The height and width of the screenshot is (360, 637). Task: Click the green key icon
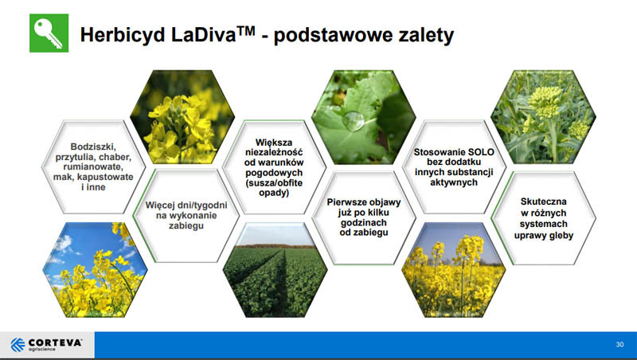click(49, 33)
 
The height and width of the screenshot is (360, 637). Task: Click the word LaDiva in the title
click(204, 34)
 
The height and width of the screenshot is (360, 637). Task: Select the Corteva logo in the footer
click(46, 345)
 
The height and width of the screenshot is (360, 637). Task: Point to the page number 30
click(619, 344)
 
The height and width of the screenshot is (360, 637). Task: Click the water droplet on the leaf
click(353, 121)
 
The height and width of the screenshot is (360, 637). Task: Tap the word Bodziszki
click(93, 147)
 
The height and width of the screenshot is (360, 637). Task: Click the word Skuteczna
click(544, 202)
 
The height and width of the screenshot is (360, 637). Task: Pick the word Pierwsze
click(344, 202)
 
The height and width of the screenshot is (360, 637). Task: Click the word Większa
click(274, 143)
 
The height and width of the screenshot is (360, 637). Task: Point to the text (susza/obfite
click(274, 183)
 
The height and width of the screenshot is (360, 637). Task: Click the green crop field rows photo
click(275, 270)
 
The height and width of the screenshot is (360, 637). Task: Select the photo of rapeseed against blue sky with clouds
click(95, 270)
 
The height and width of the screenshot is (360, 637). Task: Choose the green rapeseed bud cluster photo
click(543, 117)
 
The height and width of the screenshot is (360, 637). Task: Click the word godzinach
click(364, 223)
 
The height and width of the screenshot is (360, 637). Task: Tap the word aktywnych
click(454, 182)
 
